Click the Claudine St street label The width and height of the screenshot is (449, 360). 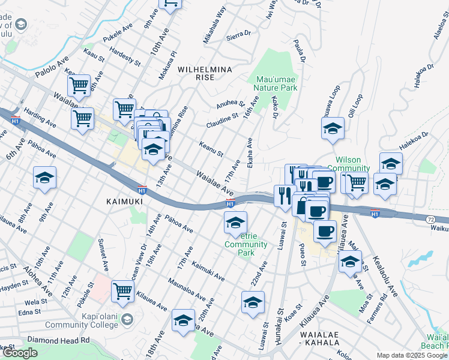click(222, 119)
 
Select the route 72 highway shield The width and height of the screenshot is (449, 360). click(431, 220)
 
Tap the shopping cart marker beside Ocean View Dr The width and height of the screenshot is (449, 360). click(122, 291)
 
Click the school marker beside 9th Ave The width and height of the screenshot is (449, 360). click(44, 178)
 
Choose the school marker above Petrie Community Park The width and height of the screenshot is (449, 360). click(236, 223)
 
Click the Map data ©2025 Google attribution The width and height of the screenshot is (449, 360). click(411, 355)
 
